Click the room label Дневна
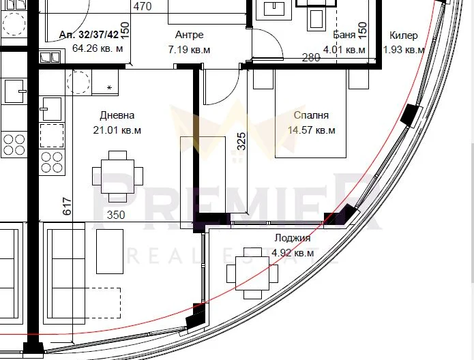pos(117,115)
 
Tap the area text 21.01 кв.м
pos(117,130)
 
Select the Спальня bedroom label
pos(311,115)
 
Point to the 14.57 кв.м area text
pos(312,130)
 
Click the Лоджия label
pos(293,238)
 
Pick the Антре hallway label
pos(189,35)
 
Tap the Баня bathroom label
pos(344,35)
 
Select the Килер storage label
pos(404,35)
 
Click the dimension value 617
pos(67,206)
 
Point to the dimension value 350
pos(116,215)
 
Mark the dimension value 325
pos(241,141)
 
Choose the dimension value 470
pos(143,6)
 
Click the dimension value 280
pos(311,57)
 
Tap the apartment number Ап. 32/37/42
pos(89,35)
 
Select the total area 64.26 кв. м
pos(98,48)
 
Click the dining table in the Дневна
pos(117,177)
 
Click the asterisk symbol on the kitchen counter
pos(109,88)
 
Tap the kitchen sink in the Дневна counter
pos(52,109)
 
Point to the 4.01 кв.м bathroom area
pos(344,50)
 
